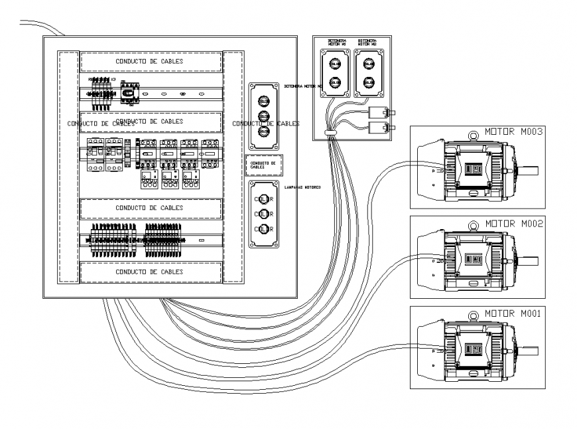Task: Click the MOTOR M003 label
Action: [514, 131]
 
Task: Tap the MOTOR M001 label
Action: [514, 313]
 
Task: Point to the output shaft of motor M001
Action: [531, 349]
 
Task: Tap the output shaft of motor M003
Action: [531, 169]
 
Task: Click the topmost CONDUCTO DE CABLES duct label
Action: [150, 62]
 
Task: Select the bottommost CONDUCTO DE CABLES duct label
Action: [150, 272]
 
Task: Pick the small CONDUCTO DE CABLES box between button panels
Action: [264, 165]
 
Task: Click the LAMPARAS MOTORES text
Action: [302, 188]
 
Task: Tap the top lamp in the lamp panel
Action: [264, 198]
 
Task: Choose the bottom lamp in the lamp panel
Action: [264, 229]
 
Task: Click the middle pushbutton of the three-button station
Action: [263, 116]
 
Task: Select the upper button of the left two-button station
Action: [335, 64]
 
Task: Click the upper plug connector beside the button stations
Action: [379, 112]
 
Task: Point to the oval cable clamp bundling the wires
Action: [330, 133]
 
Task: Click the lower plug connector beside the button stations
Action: [379, 126]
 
